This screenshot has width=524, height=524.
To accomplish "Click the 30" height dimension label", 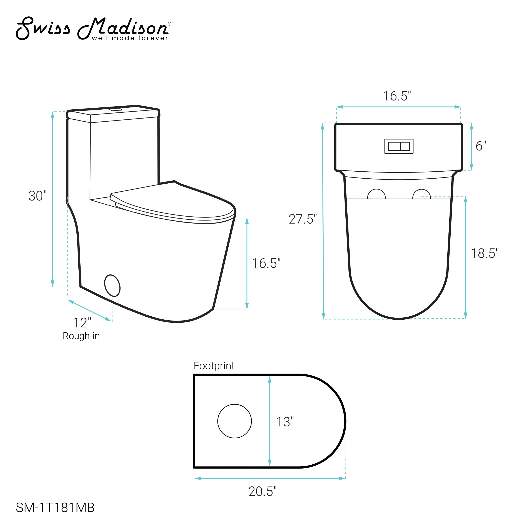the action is click(37, 196).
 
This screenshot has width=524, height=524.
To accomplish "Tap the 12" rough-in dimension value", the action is click(82, 323).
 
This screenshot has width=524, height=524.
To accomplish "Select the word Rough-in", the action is click(81, 336).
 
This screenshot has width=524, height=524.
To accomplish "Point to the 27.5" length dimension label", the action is click(303, 219).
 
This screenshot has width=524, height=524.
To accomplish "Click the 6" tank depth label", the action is click(481, 146).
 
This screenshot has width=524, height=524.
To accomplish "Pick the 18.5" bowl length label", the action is click(485, 253).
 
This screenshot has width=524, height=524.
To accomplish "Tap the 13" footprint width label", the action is click(285, 422).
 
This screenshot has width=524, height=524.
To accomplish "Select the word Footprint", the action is click(214, 366).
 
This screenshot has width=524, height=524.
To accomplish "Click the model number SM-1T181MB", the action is click(55, 508).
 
